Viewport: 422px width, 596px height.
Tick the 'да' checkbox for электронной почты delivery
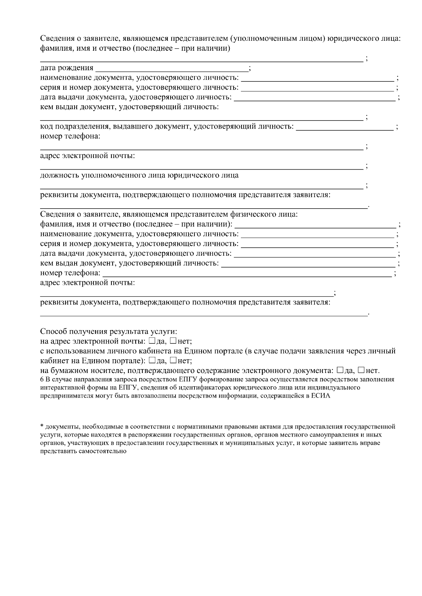(x=152, y=341)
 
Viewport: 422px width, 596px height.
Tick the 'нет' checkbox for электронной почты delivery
(x=173, y=341)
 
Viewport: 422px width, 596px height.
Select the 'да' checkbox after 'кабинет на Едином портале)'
(x=152, y=360)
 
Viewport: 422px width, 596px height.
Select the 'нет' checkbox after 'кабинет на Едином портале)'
(x=173, y=360)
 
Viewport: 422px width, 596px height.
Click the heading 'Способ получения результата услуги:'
(x=108, y=332)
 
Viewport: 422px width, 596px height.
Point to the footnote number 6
(x=42, y=380)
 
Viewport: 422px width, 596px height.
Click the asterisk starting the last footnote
(x=41, y=427)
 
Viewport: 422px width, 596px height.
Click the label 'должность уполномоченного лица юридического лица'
(x=139, y=175)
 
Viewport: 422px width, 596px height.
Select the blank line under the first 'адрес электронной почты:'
(x=201, y=166)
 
